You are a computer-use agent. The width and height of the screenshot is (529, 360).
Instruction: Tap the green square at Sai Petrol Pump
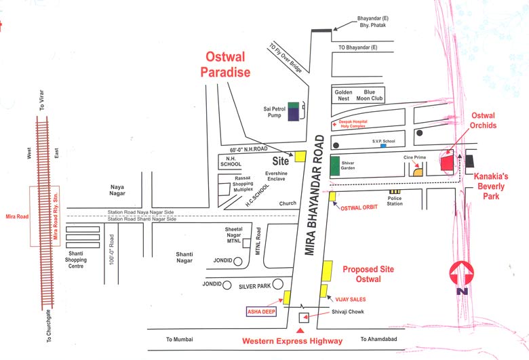[x=293, y=105]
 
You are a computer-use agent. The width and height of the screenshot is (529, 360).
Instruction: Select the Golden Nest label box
[x=342, y=95]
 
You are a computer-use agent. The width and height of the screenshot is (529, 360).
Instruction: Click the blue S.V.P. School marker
[x=383, y=146]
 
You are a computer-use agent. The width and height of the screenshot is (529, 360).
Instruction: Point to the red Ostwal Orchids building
[x=447, y=163]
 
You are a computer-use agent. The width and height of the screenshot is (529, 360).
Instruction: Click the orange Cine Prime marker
[x=418, y=172]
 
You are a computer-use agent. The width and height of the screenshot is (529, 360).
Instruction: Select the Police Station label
[x=395, y=201]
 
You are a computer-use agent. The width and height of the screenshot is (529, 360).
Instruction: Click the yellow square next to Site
[x=300, y=157]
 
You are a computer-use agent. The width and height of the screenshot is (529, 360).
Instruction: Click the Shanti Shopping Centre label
[x=75, y=260]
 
